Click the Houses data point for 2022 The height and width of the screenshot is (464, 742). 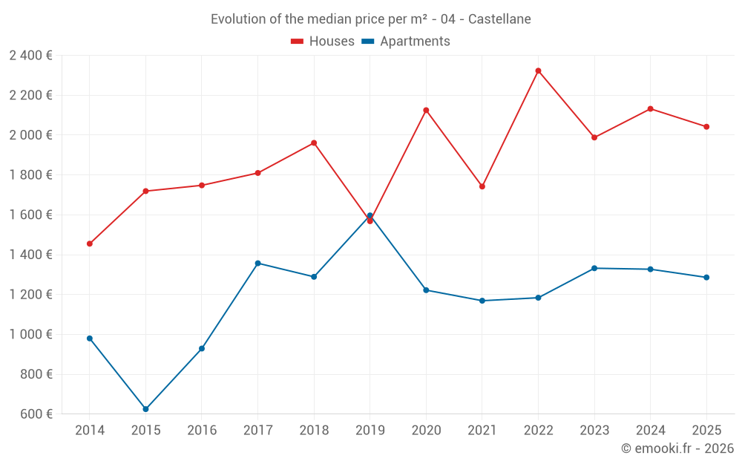pyautogui.click(x=538, y=71)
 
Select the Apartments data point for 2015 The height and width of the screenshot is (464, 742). pyautogui.click(x=145, y=409)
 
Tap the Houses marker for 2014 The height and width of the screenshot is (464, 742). pyautogui.click(x=90, y=244)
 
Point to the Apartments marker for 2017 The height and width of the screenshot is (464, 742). pyautogui.click(x=257, y=263)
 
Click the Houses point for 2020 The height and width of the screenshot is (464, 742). pyautogui.click(x=426, y=110)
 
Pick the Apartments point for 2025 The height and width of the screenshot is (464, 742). pyautogui.click(x=706, y=278)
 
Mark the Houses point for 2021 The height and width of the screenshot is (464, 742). pyautogui.click(x=482, y=186)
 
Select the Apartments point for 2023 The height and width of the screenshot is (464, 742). pyautogui.click(x=594, y=268)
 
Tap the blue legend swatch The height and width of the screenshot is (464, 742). pyautogui.click(x=368, y=42)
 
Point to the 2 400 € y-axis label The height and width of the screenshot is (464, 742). pyautogui.click(x=30, y=56)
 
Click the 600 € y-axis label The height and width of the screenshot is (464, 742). pyautogui.click(x=36, y=414)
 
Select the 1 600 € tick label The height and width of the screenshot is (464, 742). pyautogui.click(x=30, y=215)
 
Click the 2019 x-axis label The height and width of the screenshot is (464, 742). pyautogui.click(x=370, y=430)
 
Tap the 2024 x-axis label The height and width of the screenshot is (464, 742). pyautogui.click(x=650, y=430)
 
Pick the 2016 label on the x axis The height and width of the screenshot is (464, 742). pyautogui.click(x=202, y=430)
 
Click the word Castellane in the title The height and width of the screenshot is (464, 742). pyautogui.click(x=499, y=19)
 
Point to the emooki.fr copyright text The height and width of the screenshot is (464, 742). pyautogui.click(x=677, y=448)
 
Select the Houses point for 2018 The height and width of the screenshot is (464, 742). pyautogui.click(x=314, y=143)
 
